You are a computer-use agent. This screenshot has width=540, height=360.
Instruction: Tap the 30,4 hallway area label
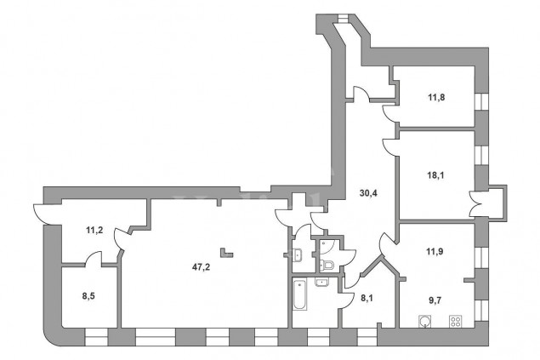[368, 193]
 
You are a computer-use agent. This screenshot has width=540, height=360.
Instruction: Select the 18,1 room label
[435, 175]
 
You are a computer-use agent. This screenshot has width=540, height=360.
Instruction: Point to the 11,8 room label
[436, 98]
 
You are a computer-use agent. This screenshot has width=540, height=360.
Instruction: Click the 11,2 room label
[94, 230]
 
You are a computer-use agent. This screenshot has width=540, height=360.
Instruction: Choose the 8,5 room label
[88, 296]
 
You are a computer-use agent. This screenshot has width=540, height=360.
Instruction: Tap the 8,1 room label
[367, 297]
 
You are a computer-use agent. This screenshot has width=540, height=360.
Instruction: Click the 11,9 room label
[435, 251]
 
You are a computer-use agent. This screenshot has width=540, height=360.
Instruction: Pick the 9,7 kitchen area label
[435, 300]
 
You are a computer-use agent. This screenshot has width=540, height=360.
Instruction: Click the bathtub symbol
[299, 294]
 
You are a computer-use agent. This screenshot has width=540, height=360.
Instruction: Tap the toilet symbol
[327, 266]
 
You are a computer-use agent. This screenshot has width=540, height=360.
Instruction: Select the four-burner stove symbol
[455, 321]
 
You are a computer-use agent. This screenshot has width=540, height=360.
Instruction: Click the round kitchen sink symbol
[425, 321]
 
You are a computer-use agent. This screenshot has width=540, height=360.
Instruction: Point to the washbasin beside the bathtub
[321, 282]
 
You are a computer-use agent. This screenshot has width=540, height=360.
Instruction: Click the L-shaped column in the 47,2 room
[227, 253]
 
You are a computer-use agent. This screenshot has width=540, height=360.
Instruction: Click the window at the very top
[343, 18]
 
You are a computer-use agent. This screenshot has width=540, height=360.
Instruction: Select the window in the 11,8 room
[481, 101]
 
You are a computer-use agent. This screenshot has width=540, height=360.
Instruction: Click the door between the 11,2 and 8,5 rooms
[93, 259]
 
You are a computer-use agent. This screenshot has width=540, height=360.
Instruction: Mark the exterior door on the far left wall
[47, 214]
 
